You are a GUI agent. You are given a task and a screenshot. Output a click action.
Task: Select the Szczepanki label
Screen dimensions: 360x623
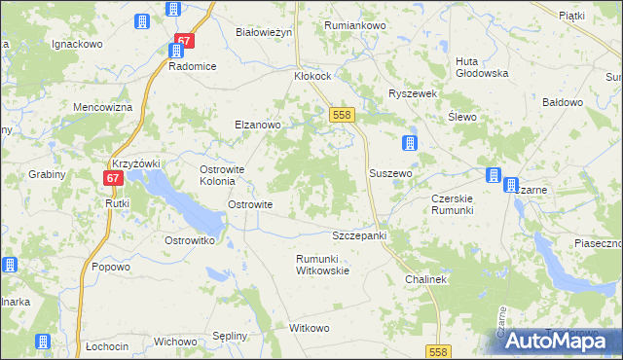(360, 236)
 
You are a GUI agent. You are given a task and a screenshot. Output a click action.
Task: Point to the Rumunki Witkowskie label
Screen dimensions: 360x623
(322, 264)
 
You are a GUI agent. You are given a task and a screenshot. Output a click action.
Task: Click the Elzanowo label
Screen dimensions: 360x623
(257, 125)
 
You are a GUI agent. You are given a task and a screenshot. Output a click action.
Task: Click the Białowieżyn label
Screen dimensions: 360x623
(265, 32)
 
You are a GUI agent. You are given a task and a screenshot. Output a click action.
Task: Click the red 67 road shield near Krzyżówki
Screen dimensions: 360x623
(113, 178)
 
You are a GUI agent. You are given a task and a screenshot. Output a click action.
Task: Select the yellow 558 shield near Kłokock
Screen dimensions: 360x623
(341, 115)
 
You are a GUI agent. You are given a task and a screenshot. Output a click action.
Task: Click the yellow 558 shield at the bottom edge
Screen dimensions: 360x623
(437, 350)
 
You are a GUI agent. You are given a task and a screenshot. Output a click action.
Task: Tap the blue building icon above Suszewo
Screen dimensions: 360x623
(410, 144)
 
